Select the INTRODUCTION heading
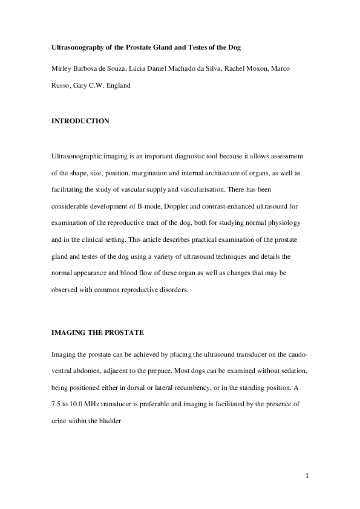tap(80, 121)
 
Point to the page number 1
tap(307, 476)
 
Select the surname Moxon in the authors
tap(240, 68)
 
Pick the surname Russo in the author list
tap(60, 85)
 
